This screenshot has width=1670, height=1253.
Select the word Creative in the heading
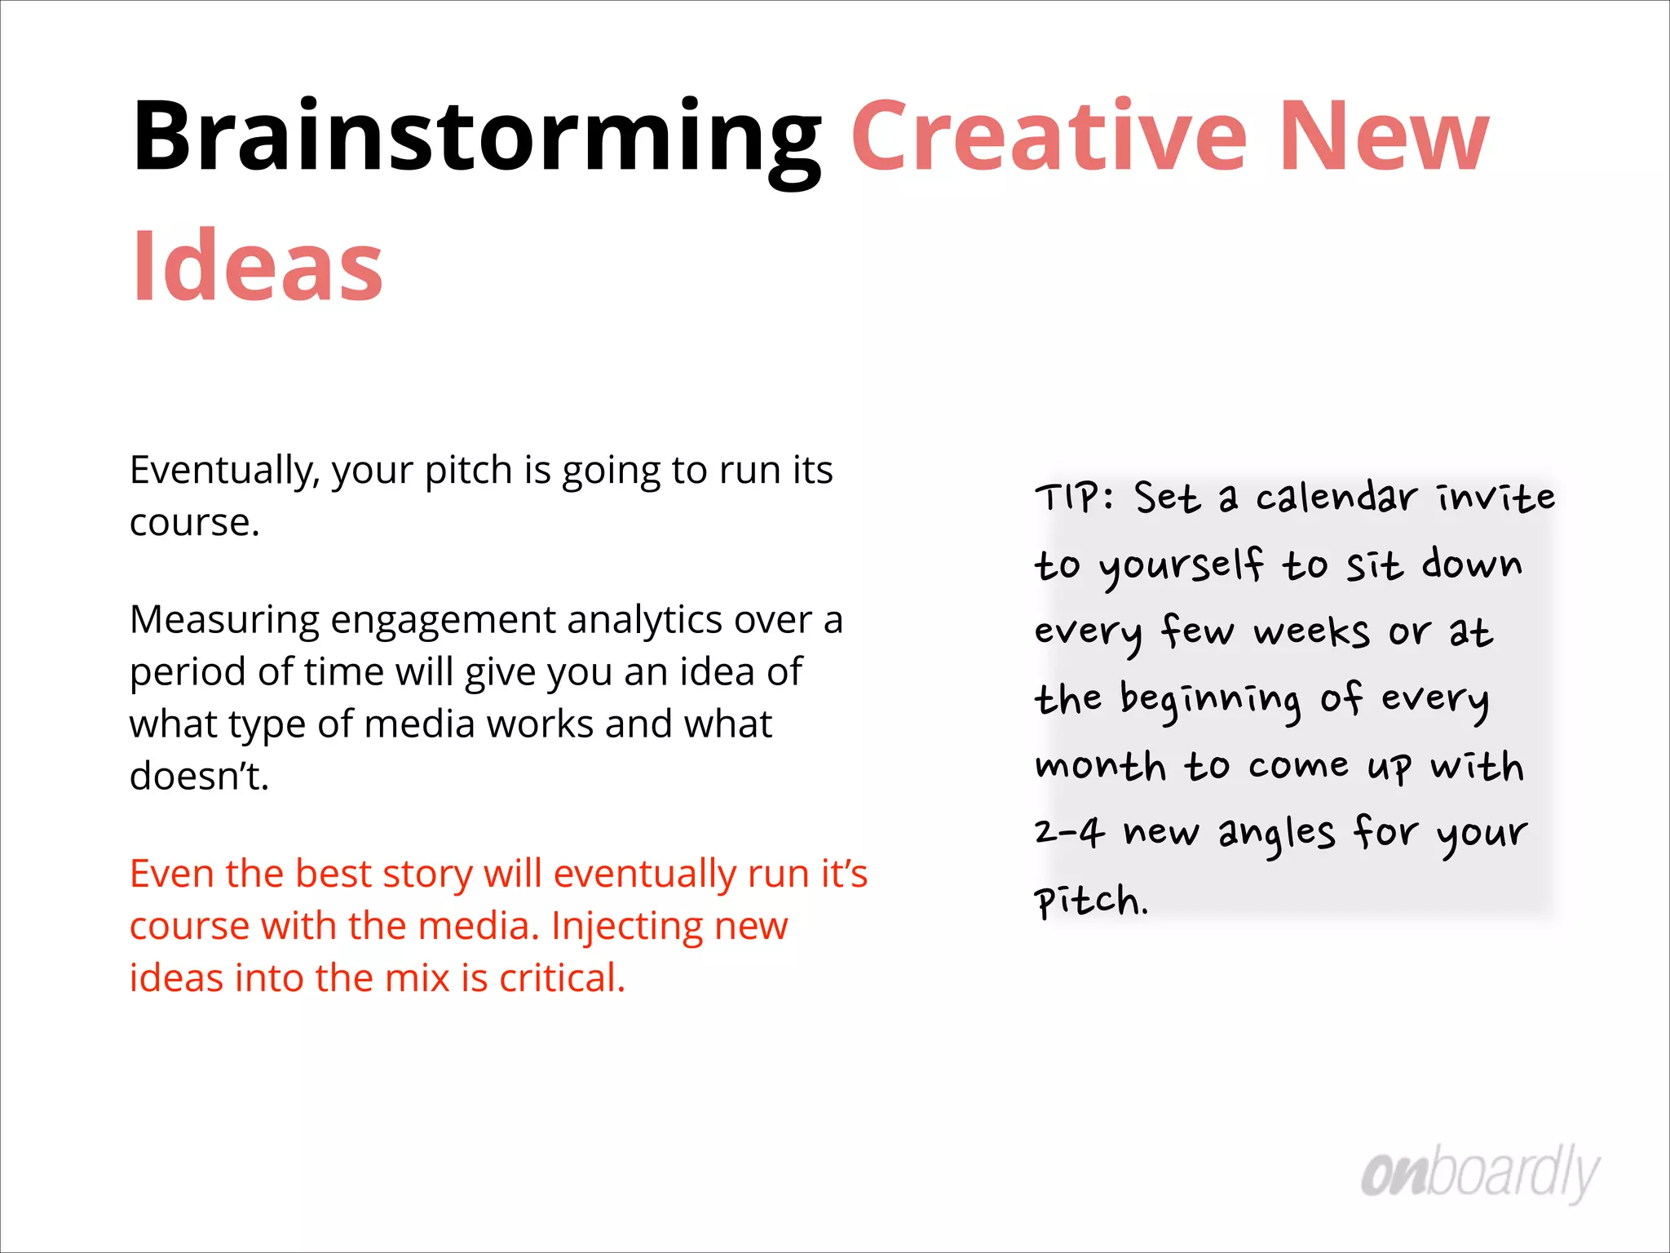click(x=1049, y=137)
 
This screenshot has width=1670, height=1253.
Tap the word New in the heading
click(x=1384, y=137)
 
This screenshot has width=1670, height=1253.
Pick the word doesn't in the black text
click(x=199, y=776)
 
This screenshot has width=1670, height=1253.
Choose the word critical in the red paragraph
click(x=562, y=978)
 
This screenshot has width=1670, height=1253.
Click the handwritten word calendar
click(x=1336, y=497)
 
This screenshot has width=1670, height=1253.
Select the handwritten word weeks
click(x=1311, y=632)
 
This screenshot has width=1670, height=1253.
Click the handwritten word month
click(x=1100, y=767)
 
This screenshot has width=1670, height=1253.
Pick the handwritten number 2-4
click(x=1069, y=833)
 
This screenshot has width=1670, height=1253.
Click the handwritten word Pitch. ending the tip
click(x=1091, y=901)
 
